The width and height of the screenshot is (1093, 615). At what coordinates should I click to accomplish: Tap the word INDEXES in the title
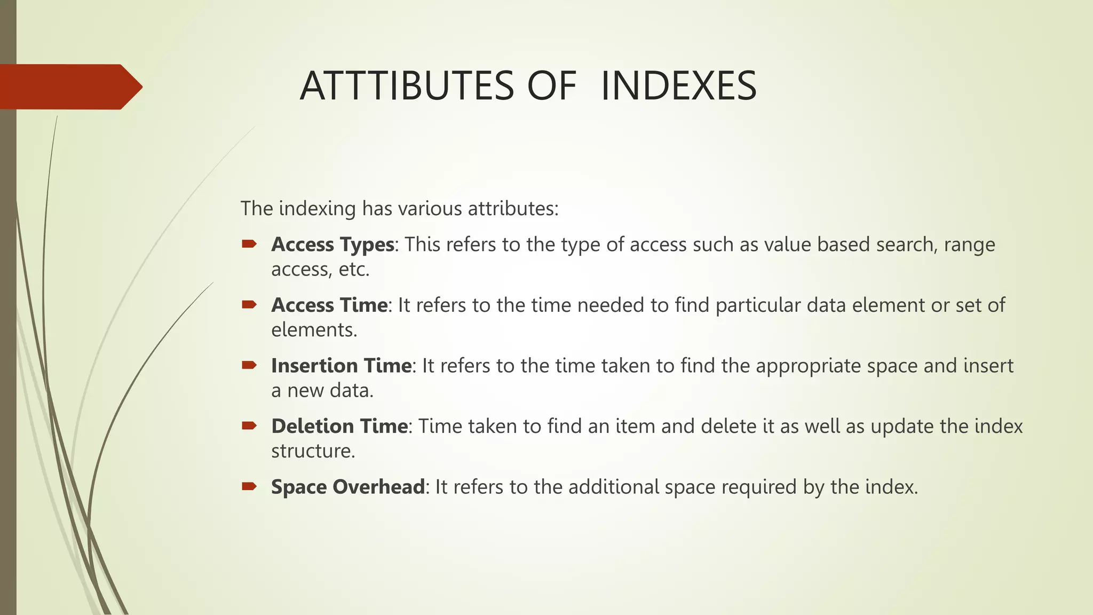[x=678, y=86]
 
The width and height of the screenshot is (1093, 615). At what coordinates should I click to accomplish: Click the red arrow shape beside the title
[x=69, y=86]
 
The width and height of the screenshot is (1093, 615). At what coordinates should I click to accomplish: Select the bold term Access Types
[x=332, y=245]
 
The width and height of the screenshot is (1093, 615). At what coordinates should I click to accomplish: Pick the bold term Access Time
[x=329, y=305]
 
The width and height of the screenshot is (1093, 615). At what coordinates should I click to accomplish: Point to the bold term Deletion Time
[x=339, y=427]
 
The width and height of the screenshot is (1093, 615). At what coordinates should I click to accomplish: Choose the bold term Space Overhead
[x=348, y=487]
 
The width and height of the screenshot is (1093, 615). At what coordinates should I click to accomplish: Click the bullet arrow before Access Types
[x=249, y=245]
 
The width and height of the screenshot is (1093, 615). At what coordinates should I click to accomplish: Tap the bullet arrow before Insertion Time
[x=249, y=366]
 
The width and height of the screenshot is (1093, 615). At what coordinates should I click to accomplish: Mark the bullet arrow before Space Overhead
[x=249, y=486]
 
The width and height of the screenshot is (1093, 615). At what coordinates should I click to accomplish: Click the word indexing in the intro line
[x=317, y=209]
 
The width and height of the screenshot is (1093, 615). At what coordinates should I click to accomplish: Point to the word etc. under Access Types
[x=354, y=270]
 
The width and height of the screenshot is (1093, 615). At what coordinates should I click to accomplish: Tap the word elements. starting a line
[x=314, y=330]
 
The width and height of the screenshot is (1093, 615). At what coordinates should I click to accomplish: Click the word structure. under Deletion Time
[x=313, y=451]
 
